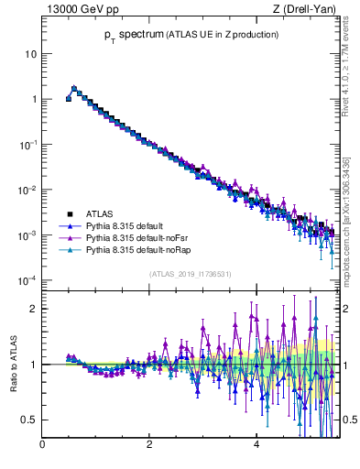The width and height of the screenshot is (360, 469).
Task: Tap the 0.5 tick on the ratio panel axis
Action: [28, 420]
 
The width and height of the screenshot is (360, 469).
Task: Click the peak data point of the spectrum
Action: [74, 89]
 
